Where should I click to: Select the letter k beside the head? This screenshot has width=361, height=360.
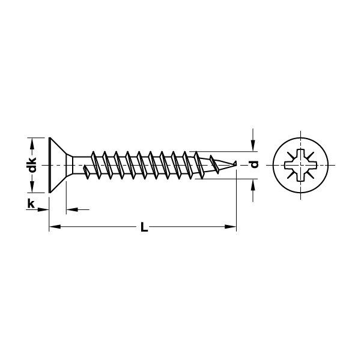(x=31, y=204)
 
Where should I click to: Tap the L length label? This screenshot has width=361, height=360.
(x=142, y=227)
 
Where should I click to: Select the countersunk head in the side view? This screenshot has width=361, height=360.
(x=58, y=163)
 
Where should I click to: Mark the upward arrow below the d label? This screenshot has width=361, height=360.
(x=253, y=183)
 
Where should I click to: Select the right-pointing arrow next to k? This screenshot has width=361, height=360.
(x=43, y=209)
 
